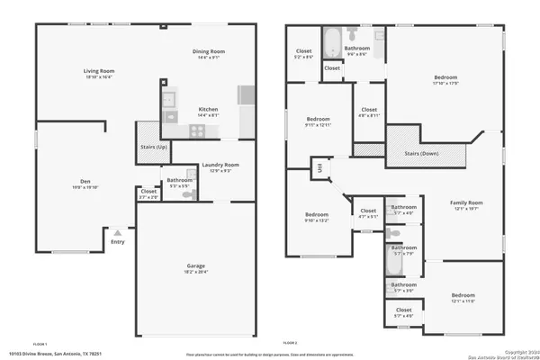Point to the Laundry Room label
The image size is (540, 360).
(x=220, y=165)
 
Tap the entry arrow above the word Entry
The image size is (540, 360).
(x=116, y=231)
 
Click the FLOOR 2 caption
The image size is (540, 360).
(x=289, y=343)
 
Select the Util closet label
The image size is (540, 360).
(x=319, y=166)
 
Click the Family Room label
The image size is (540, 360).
(x=466, y=202)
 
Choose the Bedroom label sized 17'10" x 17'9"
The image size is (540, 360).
(x=447, y=78)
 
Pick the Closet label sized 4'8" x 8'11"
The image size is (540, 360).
(x=369, y=112)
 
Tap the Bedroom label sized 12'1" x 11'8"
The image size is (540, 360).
(x=463, y=295)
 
